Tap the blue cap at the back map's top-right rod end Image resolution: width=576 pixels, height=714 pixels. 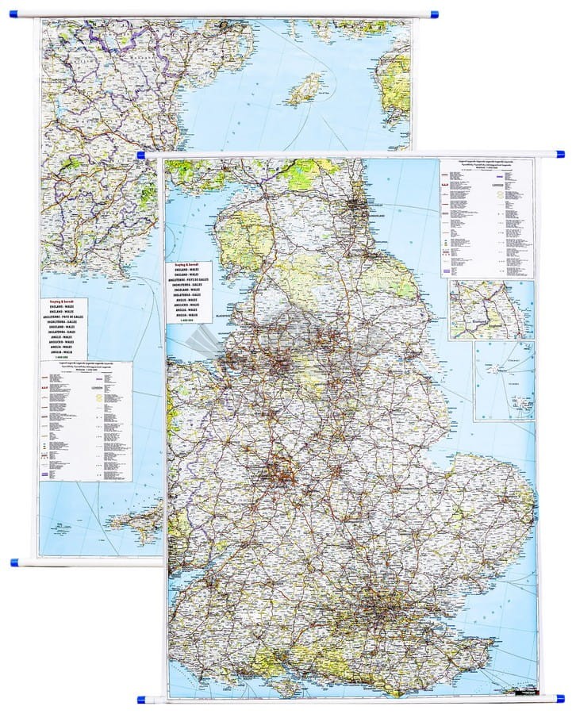(433, 13)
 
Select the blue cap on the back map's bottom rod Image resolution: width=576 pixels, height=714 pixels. (14, 562)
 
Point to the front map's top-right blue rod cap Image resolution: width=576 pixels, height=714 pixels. (560, 153)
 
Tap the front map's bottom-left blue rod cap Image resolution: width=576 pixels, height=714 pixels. (142, 700)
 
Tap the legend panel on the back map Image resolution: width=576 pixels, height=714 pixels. (86, 420)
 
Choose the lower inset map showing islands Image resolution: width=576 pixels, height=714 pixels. (504, 381)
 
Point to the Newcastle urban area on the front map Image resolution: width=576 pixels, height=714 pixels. (355, 208)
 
